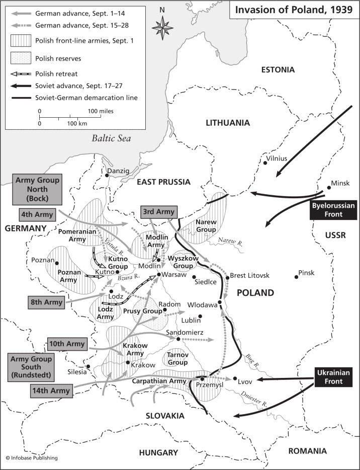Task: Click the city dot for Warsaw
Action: click(159, 274)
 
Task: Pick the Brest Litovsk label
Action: click(250, 276)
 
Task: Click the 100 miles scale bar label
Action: click(101, 111)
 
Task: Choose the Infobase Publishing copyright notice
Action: click(31, 458)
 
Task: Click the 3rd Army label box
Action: click(158, 212)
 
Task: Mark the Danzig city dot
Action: click(108, 176)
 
